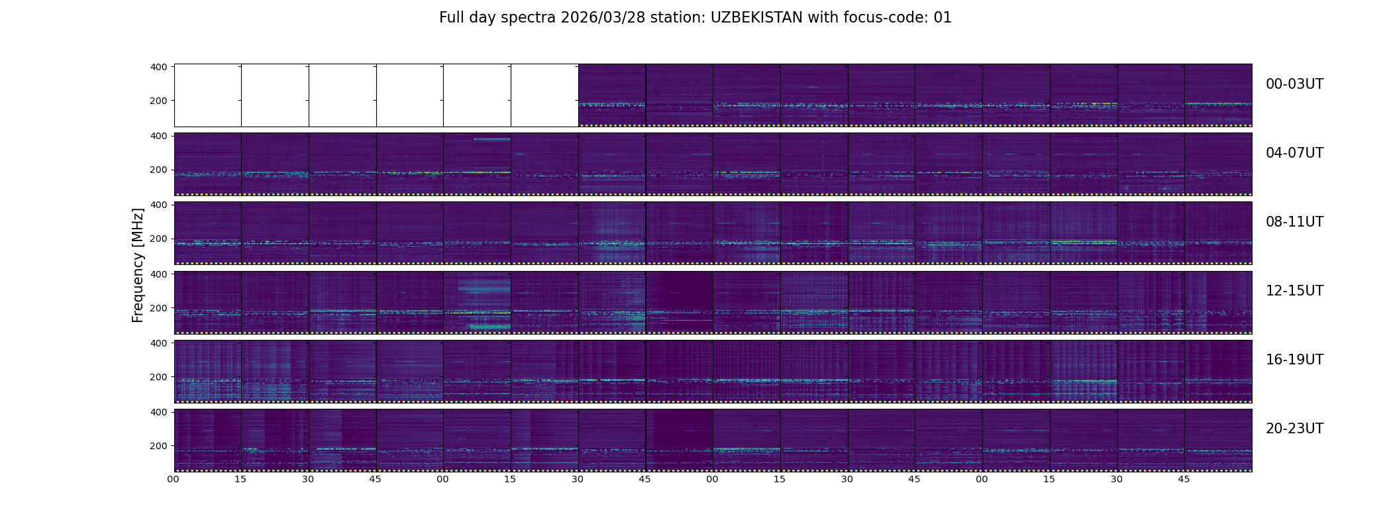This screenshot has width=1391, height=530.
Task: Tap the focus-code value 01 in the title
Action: (x=943, y=18)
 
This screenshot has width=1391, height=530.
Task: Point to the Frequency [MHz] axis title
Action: (x=138, y=265)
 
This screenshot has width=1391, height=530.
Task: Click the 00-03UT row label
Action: (x=1294, y=84)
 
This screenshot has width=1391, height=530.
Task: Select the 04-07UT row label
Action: (x=1294, y=153)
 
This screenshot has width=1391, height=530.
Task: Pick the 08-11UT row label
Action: (x=1294, y=222)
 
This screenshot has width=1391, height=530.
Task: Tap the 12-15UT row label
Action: (x=1294, y=291)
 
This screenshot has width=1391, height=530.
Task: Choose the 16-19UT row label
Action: (x=1294, y=360)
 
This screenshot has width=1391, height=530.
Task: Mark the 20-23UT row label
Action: (x=1294, y=429)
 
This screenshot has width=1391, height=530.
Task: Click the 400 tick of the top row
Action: (x=159, y=67)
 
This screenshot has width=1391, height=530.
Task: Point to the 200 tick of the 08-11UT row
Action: (x=159, y=238)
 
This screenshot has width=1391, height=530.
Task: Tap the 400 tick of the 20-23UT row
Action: (x=159, y=412)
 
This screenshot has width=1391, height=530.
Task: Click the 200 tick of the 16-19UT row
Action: (x=159, y=377)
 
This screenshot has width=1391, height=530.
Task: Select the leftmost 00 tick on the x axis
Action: (x=174, y=479)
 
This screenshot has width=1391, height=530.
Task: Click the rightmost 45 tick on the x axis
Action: (x=1184, y=479)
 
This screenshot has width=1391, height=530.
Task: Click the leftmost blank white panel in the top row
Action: (x=208, y=95)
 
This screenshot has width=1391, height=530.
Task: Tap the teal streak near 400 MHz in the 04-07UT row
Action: (x=491, y=139)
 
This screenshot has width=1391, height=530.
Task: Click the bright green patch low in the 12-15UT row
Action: (x=490, y=327)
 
